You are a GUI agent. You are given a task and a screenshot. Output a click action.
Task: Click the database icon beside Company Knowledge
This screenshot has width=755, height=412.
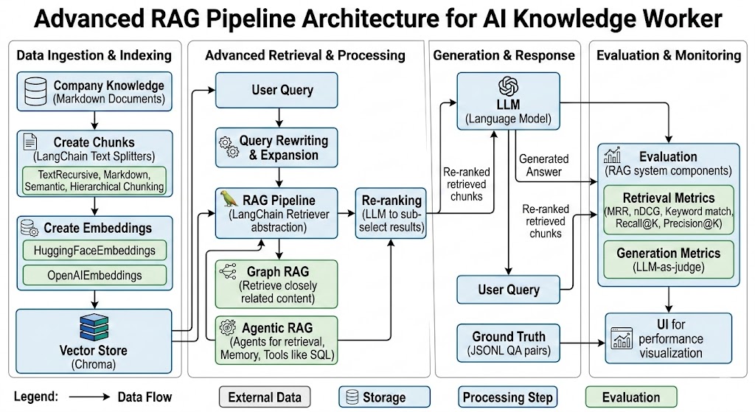pyautogui.click(x=35, y=91)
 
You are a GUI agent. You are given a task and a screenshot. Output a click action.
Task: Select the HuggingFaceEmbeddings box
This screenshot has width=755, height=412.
pyautogui.click(x=94, y=250)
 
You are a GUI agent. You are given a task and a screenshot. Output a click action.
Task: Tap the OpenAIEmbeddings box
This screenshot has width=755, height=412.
pyautogui.click(x=94, y=276)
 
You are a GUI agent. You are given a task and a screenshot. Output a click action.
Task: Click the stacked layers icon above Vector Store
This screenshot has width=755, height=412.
pyautogui.click(x=93, y=327)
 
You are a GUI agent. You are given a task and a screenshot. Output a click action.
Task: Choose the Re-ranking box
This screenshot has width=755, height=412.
pyautogui.click(x=390, y=213)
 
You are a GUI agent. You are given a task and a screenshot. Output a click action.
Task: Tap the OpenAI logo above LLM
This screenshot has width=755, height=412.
pyautogui.click(x=509, y=86)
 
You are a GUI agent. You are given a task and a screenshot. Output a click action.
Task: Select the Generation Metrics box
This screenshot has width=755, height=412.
pyautogui.click(x=668, y=259)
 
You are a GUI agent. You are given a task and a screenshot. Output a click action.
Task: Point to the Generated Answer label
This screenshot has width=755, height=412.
pyautogui.click(x=544, y=165)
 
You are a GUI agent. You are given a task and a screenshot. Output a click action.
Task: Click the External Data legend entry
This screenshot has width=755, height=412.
pyautogui.click(x=265, y=397)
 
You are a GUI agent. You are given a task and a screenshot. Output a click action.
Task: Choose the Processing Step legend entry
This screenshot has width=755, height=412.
pyautogui.click(x=507, y=397)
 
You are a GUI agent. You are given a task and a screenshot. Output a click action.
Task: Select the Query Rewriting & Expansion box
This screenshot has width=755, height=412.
pyautogui.click(x=276, y=147)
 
